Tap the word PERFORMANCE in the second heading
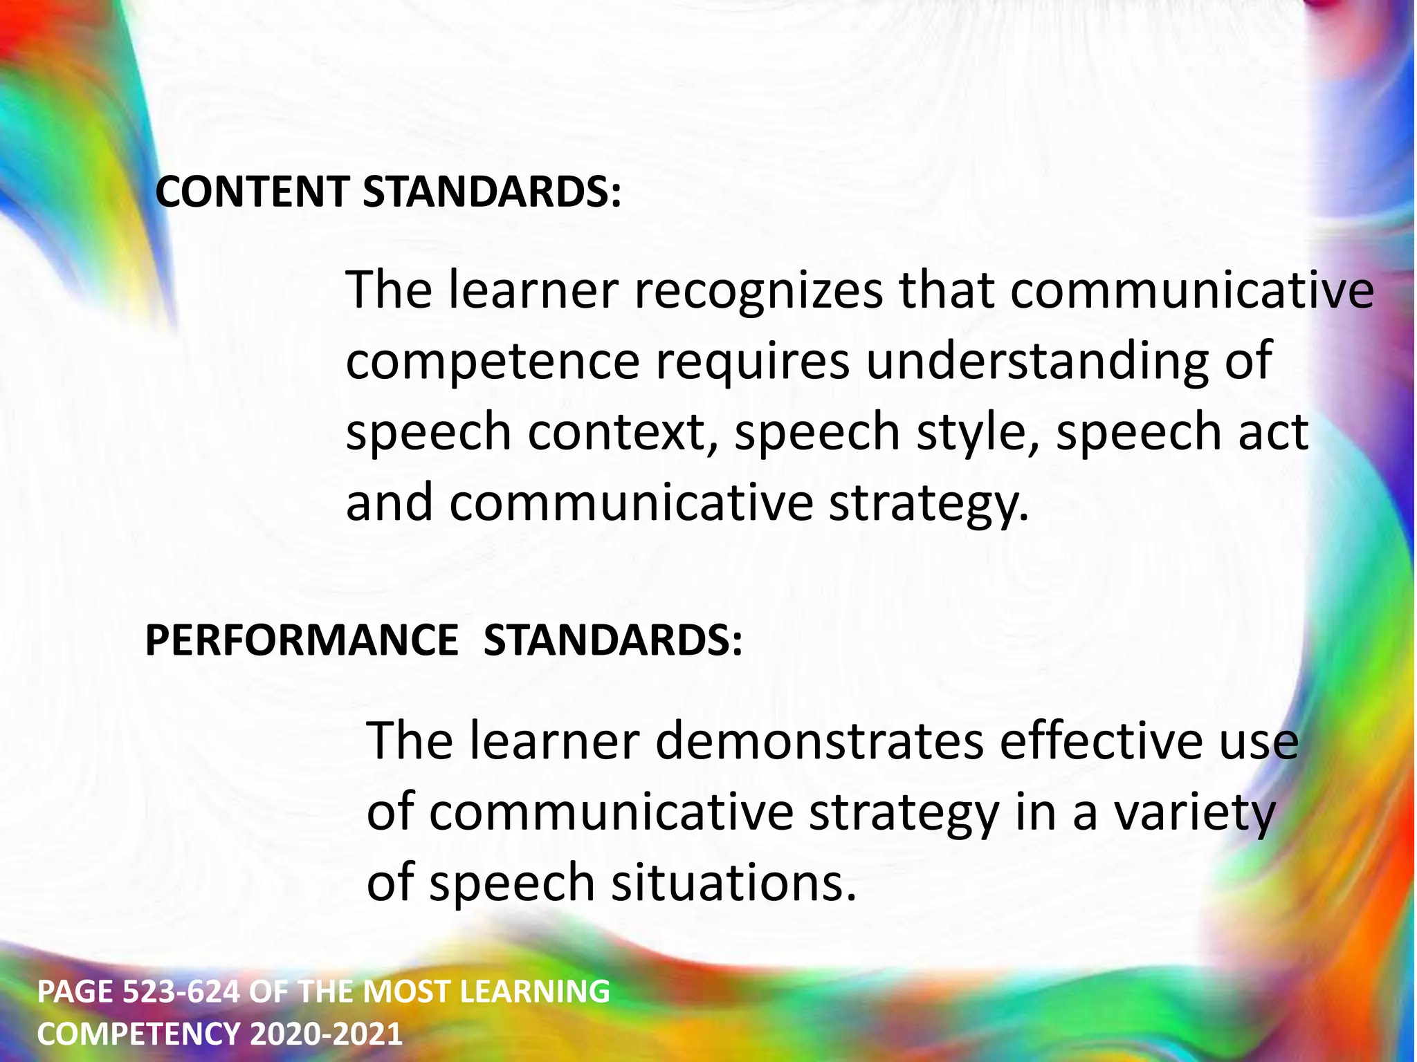coord(301,640)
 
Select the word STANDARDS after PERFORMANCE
coord(613,640)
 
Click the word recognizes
coord(758,291)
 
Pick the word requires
coord(753,362)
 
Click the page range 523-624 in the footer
coord(182,991)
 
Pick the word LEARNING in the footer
coord(535,991)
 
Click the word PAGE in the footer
coord(75,991)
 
